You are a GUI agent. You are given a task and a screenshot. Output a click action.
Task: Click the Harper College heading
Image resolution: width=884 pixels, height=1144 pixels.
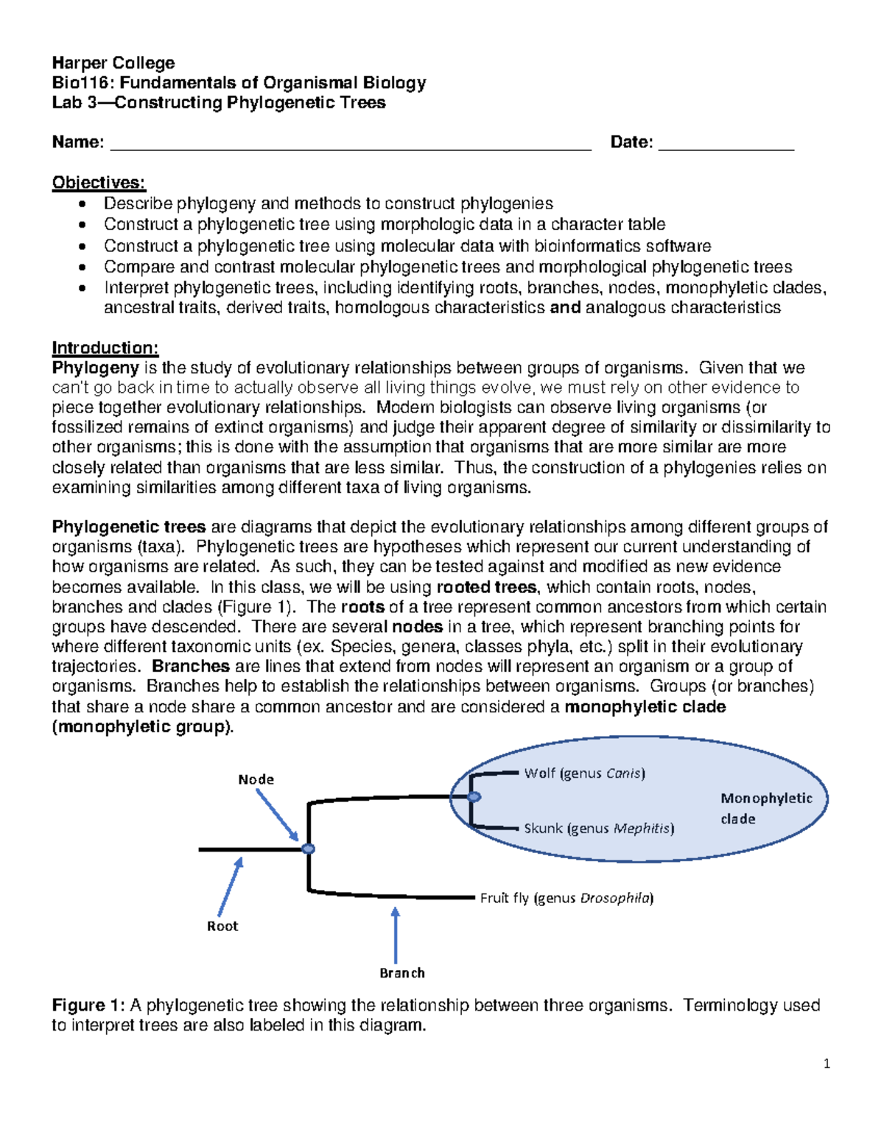coord(113,63)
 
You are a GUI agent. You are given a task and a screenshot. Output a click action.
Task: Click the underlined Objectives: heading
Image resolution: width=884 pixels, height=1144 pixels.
coord(99,183)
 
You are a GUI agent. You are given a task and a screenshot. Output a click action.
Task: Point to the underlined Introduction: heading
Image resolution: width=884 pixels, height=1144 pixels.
coord(105,348)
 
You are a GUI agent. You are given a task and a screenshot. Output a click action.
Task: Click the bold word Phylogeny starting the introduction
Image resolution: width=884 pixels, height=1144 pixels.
coord(95,368)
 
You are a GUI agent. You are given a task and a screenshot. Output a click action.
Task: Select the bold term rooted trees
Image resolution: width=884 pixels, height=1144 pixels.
coord(486,587)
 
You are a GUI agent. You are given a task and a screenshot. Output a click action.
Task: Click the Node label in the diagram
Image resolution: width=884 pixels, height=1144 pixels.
coord(256,779)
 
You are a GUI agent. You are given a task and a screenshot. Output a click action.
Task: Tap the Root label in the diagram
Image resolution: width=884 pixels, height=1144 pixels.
coord(222,926)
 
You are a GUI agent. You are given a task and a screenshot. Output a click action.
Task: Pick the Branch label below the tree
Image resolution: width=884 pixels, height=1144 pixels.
coord(401,973)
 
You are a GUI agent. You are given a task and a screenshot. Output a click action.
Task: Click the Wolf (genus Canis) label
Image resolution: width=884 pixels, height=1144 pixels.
coord(584,773)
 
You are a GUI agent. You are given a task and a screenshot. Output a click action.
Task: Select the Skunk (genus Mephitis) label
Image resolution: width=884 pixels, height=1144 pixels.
coord(598,828)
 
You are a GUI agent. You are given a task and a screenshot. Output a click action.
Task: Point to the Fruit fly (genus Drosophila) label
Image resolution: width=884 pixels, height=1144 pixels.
coord(566,898)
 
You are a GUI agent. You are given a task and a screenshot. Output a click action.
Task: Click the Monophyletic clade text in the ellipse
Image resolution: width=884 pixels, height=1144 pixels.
coord(766,808)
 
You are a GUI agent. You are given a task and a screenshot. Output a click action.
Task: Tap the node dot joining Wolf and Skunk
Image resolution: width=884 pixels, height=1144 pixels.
coord(474,797)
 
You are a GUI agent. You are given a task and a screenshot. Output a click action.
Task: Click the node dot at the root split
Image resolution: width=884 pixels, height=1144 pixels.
coord(309,849)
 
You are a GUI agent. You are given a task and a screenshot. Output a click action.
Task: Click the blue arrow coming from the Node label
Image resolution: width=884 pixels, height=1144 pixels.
coord(277,814)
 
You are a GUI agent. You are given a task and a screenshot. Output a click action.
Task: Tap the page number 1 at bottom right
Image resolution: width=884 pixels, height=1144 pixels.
coord(827,1063)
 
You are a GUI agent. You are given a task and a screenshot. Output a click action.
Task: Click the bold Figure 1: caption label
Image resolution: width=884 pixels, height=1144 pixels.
coord(88,1006)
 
